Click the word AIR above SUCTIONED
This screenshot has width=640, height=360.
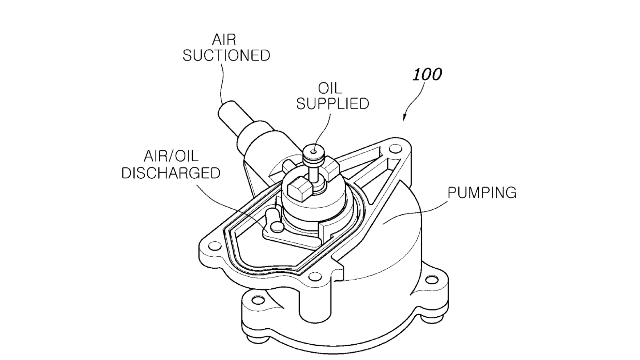(x=224, y=40)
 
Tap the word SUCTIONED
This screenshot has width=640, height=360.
(x=226, y=55)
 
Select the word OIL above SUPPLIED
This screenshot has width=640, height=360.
(x=330, y=88)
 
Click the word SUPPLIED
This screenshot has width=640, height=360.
(x=333, y=104)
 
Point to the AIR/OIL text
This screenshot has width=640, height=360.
(x=171, y=156)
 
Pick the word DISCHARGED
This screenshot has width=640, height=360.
(x=171, y=173)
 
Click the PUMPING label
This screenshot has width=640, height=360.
(x=482, y=193)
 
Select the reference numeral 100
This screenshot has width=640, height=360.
(x=427, y=74)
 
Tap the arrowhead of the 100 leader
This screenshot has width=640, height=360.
(x=404, y=118)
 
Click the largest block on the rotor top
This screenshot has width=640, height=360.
(x=298, y=191)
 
